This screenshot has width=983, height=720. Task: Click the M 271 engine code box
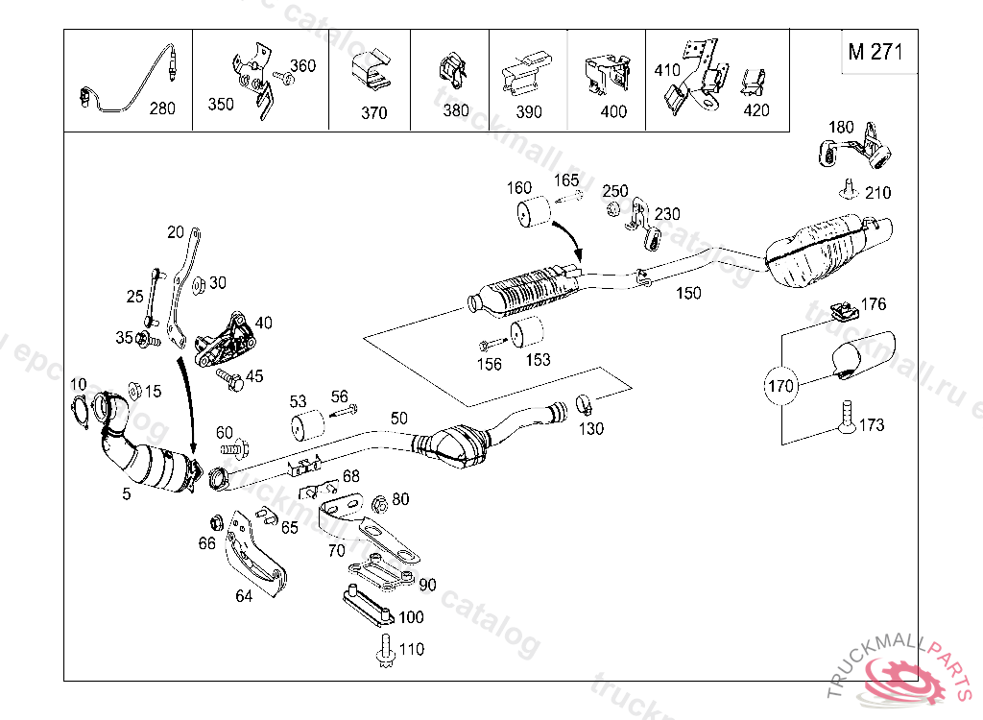(875, 53)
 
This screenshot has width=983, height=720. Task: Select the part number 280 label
(162, 108)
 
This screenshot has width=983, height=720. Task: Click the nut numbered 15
(135, 390)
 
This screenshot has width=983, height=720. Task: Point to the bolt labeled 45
(228, 376)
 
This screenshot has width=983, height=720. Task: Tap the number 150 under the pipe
(688, 294)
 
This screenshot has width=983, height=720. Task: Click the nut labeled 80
(379, 502)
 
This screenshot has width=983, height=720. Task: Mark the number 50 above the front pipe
(398, 419)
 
